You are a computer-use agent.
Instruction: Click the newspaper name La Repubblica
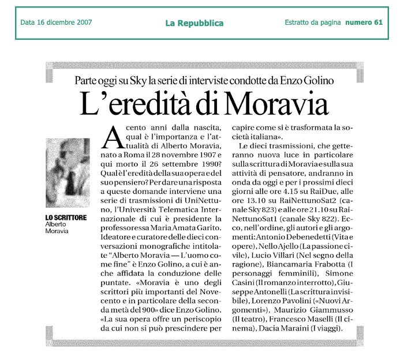194,23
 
